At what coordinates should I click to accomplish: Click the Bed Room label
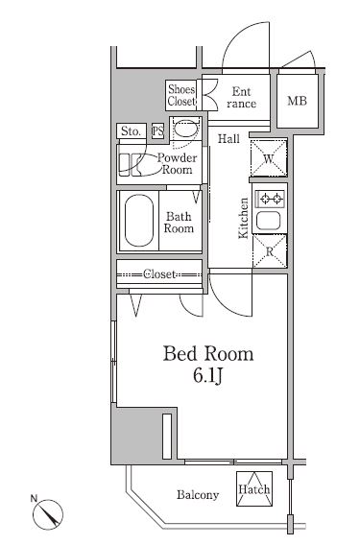(208, 354)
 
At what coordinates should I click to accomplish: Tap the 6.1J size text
(207, 376)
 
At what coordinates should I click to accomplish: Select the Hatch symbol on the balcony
(254, 488)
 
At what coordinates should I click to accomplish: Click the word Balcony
(198, 494)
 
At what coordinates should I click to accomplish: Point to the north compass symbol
(48, 513)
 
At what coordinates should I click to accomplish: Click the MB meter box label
(298, 101)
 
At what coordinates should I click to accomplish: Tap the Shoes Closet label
(181, 95)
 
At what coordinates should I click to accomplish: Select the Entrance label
(241, 98)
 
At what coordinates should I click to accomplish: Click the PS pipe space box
(157, 131)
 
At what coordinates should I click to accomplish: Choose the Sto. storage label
(132, 131)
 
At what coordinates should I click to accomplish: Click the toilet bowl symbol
(185, 130)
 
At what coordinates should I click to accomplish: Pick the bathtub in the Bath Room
(139, 221)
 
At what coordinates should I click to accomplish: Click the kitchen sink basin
(269, 221)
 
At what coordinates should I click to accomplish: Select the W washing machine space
(269, 157)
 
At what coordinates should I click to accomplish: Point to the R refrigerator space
(270, 251)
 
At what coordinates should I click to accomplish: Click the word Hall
(228, 139)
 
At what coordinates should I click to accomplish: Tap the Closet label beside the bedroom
(159, 274)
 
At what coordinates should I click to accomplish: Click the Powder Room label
(177, 164)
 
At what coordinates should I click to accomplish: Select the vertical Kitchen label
(244, 218)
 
